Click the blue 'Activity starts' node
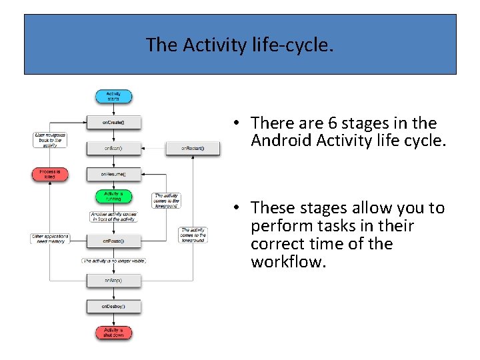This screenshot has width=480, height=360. [113, 97]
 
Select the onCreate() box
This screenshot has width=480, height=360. [113, 123]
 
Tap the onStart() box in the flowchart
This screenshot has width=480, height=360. [113, 148]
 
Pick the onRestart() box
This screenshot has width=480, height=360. [193, 148]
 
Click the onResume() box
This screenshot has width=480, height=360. [113, 174]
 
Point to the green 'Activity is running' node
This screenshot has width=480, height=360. [113, 197]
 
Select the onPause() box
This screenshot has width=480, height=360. [113, 240]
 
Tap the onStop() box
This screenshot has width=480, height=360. [113, 281]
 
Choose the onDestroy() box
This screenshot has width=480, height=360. [113, 307]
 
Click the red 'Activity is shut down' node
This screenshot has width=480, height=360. [113, 332]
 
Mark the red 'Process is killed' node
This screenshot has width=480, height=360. [50, 174]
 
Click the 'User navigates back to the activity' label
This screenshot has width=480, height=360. [50, 139]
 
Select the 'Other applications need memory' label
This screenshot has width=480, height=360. [50, 239]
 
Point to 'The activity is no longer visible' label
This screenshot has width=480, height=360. [114, 261]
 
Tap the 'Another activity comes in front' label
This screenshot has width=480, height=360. [113, 217]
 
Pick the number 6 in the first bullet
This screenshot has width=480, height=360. [332, 123]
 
